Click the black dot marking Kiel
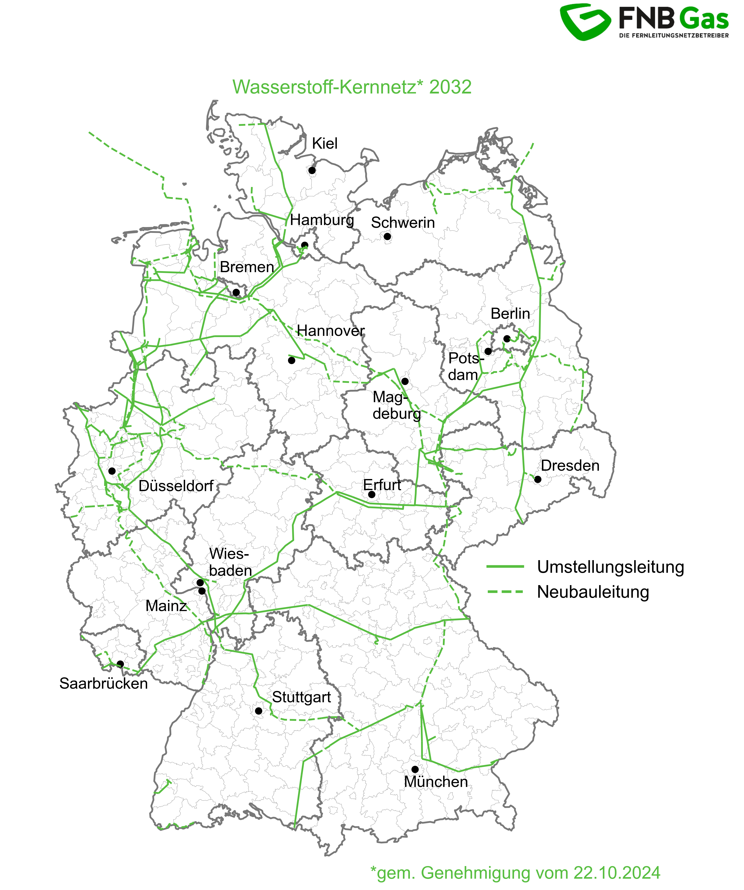312,170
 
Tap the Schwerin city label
403,222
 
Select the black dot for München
415,769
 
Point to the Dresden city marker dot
538,479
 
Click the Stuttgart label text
301,697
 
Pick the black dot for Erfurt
372,494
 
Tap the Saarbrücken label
103,684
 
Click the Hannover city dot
292,360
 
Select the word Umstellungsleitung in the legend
610,567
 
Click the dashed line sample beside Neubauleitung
505,592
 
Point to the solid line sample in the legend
505,567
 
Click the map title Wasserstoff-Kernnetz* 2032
352,87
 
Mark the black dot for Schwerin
387,237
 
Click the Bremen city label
247,267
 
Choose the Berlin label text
510,314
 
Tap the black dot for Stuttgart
258,711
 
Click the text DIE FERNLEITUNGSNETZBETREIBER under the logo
674,36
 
